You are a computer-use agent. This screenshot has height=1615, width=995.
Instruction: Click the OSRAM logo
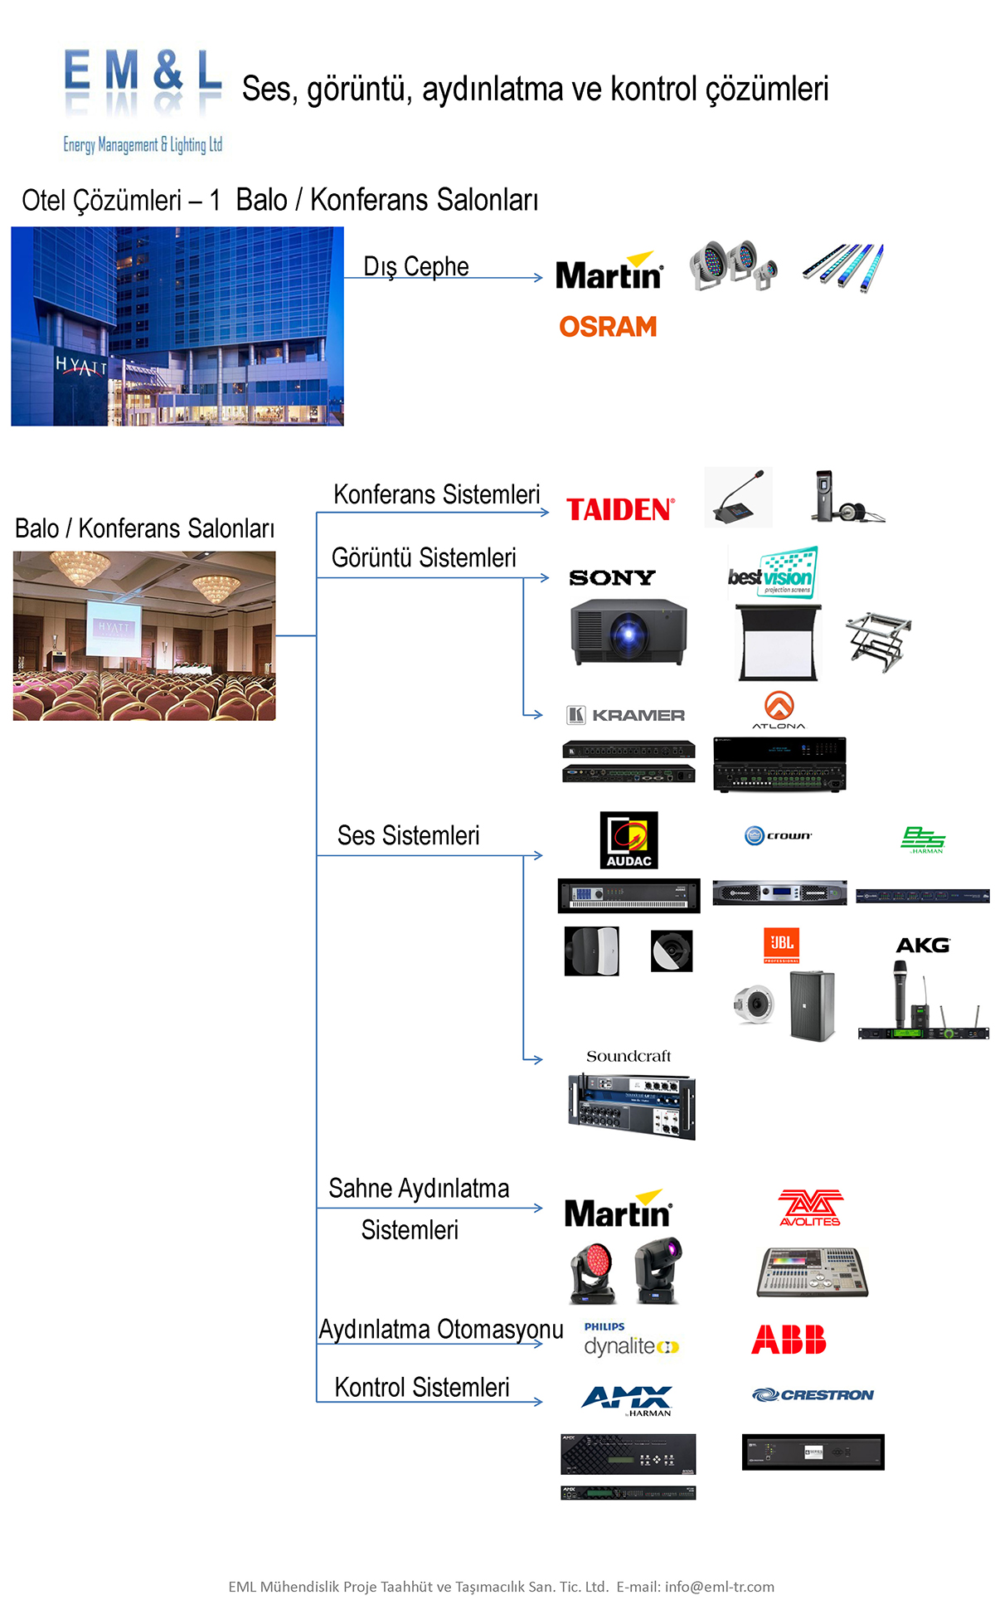[x=608, y=327]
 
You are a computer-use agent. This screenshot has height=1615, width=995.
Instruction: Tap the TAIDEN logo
[x=620, y=509]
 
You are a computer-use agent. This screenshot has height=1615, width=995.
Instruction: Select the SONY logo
[x=612, y=577]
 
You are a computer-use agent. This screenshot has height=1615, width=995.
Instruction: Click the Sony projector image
[x=629, y=632]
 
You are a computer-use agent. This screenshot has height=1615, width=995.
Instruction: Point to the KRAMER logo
[x=626, y=715]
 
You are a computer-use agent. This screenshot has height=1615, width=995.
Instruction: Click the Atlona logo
[x=779, y=710]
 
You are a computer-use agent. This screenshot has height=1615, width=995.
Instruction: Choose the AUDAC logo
[x=629, y=840]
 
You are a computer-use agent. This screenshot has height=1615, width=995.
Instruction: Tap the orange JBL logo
[x=781, y=945]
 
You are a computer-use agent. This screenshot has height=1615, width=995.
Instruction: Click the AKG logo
[x=923, y=946]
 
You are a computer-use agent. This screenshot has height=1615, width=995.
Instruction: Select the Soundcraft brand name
[x=629, y=1056]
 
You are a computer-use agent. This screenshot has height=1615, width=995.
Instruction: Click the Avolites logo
[x=810, y=1208]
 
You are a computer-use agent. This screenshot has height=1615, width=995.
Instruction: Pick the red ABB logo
[x=789, y=1340]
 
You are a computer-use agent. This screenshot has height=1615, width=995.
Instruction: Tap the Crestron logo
[x=813, y=1395]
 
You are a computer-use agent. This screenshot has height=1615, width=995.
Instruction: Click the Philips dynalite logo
[x=630, y=1340]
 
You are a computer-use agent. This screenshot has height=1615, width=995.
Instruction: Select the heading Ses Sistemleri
[x=408, y=835]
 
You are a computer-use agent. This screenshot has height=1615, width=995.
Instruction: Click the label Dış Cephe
[x=416, y=266]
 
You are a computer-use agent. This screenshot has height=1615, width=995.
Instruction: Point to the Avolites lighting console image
[x=812, y=1272]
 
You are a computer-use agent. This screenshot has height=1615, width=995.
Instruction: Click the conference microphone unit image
[x=738, y=497]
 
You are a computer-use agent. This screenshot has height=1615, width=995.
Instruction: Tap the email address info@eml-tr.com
[x=719, y=1587]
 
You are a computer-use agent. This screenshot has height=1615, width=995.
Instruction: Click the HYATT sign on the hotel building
[x=81, y=365]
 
